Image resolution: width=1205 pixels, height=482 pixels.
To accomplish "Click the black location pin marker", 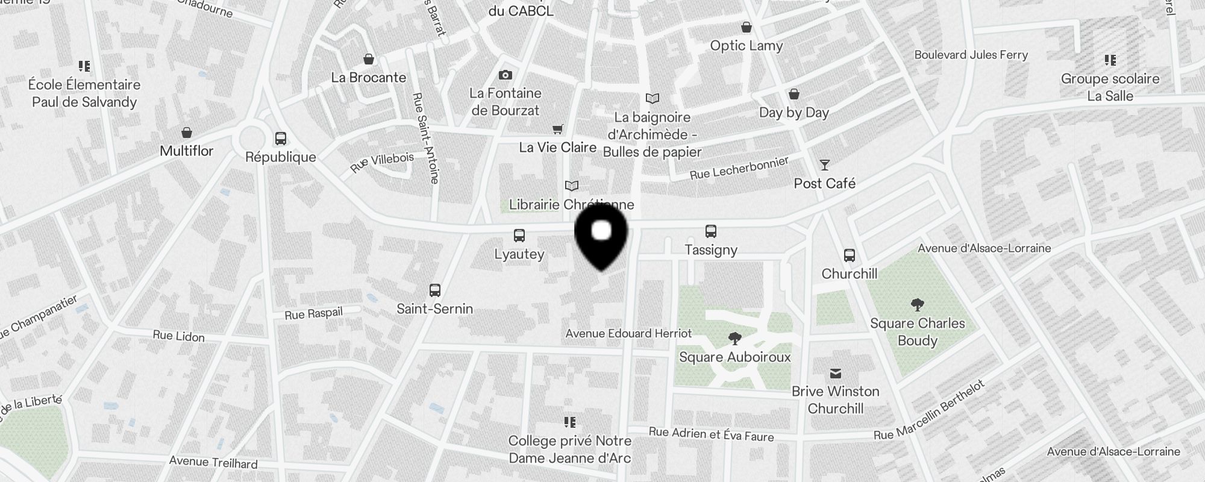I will tap(601, 236).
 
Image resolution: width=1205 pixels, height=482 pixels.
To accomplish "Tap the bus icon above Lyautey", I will tap(519, 236).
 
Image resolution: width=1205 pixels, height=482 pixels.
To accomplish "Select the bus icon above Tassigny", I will tap(711, 231).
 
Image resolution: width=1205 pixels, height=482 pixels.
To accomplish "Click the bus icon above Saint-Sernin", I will tap(435, 290).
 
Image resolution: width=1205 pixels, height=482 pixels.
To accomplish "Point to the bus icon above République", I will tap(281, 139).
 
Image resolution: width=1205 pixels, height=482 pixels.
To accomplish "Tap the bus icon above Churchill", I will tap(850, 255).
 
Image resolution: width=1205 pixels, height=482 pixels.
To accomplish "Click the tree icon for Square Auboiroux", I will tap(734, 339).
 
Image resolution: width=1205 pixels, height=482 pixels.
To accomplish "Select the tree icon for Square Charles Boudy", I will tap(918, 305).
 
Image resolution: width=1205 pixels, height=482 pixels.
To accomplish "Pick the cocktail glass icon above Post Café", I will tap(825, 165).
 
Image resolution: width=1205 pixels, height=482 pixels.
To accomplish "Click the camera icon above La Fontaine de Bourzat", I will tap(505, 75).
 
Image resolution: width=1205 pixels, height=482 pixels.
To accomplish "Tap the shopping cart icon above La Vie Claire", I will tap(558, 130).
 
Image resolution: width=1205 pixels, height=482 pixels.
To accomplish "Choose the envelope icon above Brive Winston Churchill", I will tap(836, 374).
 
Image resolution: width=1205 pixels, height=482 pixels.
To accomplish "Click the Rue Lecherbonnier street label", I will tap(739, 168).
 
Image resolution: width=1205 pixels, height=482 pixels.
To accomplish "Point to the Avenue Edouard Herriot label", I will tap(628, 333).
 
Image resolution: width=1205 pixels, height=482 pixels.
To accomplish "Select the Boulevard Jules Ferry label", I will tap(971, 55).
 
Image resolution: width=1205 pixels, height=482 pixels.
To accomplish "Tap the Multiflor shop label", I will tap(186, 151).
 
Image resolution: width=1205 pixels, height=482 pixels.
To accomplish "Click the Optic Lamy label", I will tap(746, 46).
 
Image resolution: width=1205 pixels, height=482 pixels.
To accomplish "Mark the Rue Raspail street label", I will tap(313, 313).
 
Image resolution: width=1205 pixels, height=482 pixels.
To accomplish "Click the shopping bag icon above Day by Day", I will tap(794, 95).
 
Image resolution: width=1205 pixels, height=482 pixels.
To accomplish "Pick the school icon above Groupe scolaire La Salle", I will tap(1110, 60).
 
